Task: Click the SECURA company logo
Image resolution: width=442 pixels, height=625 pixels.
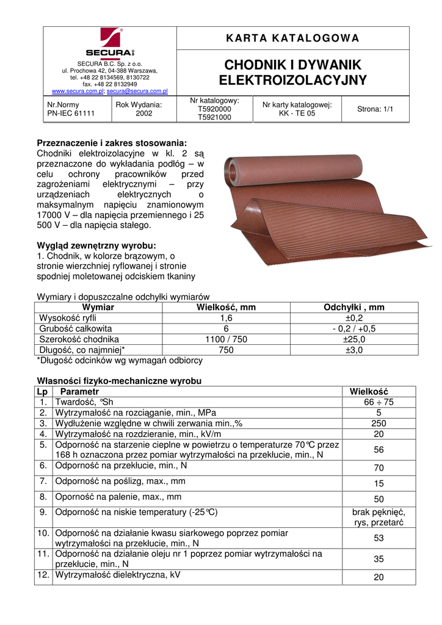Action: pyautogui.click(x=109, y=43)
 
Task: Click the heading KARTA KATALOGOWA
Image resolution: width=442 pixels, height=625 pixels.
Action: pyautogui.click(x=292, y=38)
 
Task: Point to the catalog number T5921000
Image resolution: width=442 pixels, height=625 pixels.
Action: pyautogui.click(x=214, y=117)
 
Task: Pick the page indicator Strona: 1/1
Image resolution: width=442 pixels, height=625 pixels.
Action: pyautogui.click(x=375, y=109)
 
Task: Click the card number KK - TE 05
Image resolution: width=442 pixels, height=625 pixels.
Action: pyautogui.click(x=297, y=114)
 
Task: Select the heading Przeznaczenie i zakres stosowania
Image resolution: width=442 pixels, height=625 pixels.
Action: pyautogui.click(x=112, y=143)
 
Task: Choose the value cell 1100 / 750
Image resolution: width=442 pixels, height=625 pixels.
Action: pyautogui.click(x=226, y=339)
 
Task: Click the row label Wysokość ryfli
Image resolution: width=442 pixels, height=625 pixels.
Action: pyautogui.click(x=68, y=318)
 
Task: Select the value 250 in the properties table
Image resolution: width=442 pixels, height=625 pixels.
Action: pyautogui.click(x=379, y=423)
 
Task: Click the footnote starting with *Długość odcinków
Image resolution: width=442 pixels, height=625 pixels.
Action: pyautogui.click(x=120, y=360)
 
